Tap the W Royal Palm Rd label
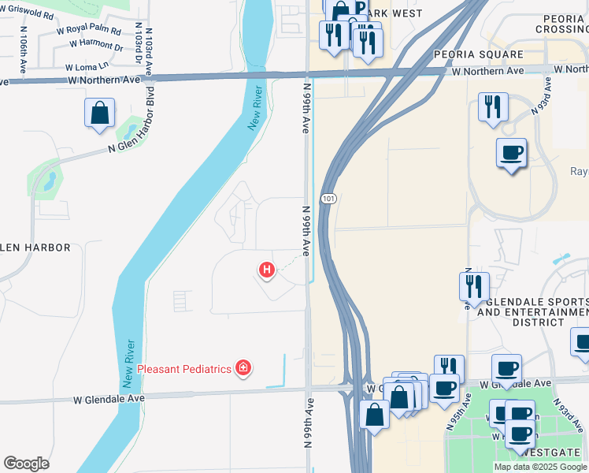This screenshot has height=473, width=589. pos(89,32)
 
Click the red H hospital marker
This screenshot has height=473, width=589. pos(267,270)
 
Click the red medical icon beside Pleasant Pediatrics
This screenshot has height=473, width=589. pos(243,368)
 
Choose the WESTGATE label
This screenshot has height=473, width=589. pos(557,453)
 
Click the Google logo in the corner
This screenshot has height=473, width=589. pos(26,464)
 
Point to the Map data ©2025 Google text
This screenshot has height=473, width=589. pos(539,467)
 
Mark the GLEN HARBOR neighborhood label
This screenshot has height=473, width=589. pos(35,248)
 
